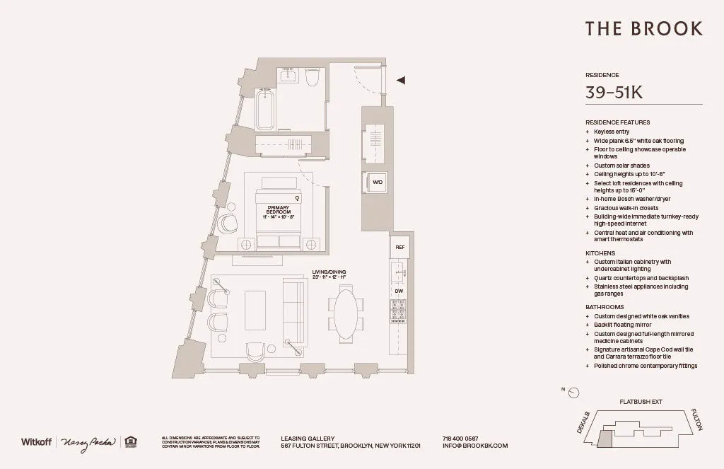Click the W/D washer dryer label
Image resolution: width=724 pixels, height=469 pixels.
[378, 183]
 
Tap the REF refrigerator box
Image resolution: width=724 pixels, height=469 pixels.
[399, 247]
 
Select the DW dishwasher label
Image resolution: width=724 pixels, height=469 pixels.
[399, 291]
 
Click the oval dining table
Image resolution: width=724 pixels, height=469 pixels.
[346, 313]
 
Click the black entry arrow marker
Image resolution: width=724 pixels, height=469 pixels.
[401, 81]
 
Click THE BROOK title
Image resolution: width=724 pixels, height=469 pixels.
[643, 29]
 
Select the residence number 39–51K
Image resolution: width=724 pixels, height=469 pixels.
[614, 92]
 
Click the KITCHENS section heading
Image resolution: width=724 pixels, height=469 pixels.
[600, 253]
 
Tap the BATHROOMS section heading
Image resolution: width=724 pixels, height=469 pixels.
[604, 307]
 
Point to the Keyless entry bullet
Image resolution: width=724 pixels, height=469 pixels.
[611, 132]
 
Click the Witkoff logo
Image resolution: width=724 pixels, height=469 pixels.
[36, 441]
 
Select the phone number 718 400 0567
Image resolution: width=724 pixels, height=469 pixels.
[460, 439]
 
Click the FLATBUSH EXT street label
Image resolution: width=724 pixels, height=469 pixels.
[641, 402]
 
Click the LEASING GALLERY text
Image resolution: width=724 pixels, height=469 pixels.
[308, 439]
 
